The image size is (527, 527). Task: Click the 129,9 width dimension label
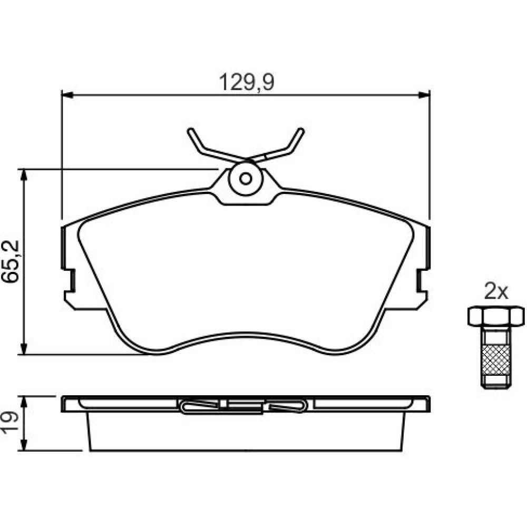[x=246, y=82]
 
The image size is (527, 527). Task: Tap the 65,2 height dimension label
[x=11, y=261]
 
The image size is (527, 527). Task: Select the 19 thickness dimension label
[x=9, y=423]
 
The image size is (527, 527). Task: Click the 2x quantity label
[x=496, y=292]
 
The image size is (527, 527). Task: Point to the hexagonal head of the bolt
[x=496, y=316]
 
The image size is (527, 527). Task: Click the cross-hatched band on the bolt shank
[x=496, y=359]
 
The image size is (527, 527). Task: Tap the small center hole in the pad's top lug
[x=246, y=179]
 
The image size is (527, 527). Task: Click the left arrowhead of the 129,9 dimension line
[x=67, y=95]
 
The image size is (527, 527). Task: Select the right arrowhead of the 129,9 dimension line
[x=424, y=95]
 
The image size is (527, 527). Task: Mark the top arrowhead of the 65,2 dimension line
[x=24, y=175]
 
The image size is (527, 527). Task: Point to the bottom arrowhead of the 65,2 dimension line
[x=24, y=348]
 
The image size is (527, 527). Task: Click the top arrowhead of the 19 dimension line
[x=24, y=402]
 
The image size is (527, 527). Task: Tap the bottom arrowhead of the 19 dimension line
[x=24, y=445]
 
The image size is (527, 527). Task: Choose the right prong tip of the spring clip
[x=301, y=130]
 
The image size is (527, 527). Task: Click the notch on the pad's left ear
[x=71, y=281]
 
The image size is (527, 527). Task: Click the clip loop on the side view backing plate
[x=244, y=406]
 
